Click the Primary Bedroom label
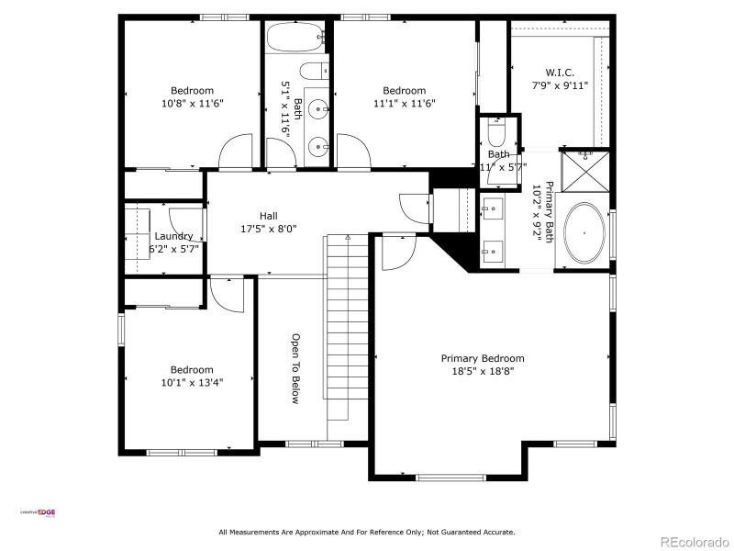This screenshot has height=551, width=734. coord(483,358)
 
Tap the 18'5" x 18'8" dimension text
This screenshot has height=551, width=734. coord(483,371)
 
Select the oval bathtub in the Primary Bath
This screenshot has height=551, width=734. coord(584,235)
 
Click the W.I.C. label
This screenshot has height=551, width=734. coord(560,72)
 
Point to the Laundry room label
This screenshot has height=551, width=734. coord(173,236)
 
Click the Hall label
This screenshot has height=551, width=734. coord(268,216)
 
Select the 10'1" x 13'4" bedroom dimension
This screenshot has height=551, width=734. coord(193,382)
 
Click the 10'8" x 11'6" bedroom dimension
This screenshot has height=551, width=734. coord(193,103)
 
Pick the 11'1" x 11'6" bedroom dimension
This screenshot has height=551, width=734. coord(404,103)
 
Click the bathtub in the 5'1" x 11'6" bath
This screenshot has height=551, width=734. coord(295,39)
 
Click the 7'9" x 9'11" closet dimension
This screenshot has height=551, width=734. coord(560,84)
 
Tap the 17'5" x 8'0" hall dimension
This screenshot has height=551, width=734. coord(268,229)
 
